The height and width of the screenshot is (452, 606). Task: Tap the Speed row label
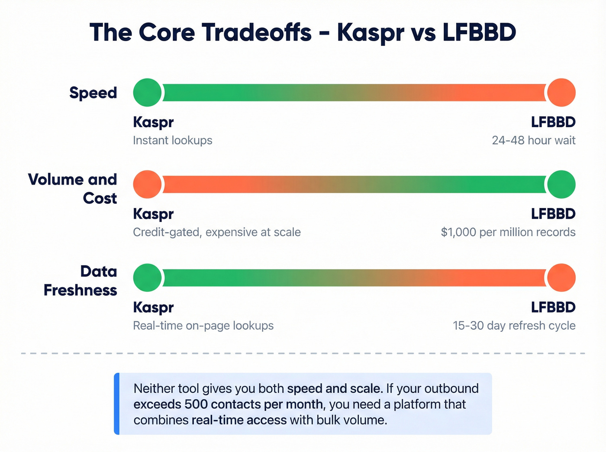point(93,93)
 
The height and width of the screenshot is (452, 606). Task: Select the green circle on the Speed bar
point(148,93)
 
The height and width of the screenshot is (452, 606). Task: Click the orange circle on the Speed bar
point(561,93)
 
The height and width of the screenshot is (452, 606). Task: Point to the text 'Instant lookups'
point(172,141)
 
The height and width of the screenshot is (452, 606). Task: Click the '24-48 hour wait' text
point(533,141)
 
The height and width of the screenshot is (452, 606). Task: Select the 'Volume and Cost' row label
point(73,189)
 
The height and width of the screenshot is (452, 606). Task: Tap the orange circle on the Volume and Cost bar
point(148,184)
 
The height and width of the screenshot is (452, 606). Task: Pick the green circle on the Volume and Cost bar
point(561,184)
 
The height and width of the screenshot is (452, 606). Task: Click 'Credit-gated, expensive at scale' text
point(216,232)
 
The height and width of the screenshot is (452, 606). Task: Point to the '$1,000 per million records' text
point(508,232)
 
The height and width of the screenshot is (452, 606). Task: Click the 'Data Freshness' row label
point(81,281)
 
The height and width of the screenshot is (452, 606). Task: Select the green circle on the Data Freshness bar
point(148,278)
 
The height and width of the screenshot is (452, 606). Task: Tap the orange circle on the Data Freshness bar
point(561,278)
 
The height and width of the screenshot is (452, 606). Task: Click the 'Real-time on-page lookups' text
point(203,326)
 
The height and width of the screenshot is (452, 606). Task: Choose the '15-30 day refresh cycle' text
point(514,326)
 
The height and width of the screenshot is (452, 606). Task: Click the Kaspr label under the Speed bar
point(153,122)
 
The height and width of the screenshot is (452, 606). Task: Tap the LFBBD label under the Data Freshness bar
point(553,308)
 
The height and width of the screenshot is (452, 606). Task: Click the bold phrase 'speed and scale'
point(334,388)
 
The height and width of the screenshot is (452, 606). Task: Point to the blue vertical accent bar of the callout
point(116,404)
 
